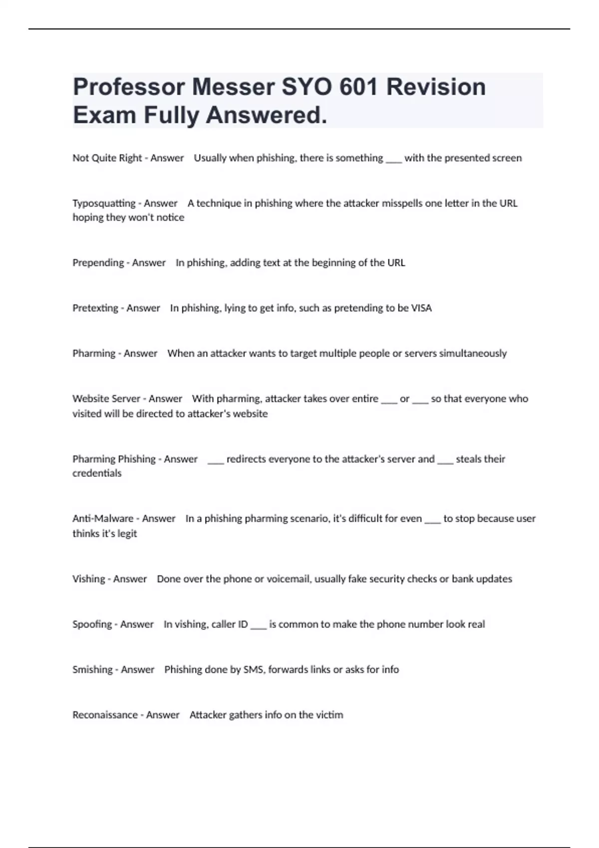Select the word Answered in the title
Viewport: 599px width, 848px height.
pyautogui.click(x=267, y=115)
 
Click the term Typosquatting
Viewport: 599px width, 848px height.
pyautogui.click(x=104, y=204)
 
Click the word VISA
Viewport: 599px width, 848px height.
pyautogui.click(x=421, y=308)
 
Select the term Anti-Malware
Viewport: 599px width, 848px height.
pyautogui.click(x=103, y=519)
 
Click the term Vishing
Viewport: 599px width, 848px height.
pyautogui.click(x=89, y=579)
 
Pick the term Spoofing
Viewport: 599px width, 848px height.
pyautogui.click(x=92, y=625)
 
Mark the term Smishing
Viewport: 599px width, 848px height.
pyautogui.click(x=92, y=670)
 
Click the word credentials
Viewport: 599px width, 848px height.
pyautogui.click(x=97, y=473)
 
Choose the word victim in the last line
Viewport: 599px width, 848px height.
pyautogui.click(x=329, y=715)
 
